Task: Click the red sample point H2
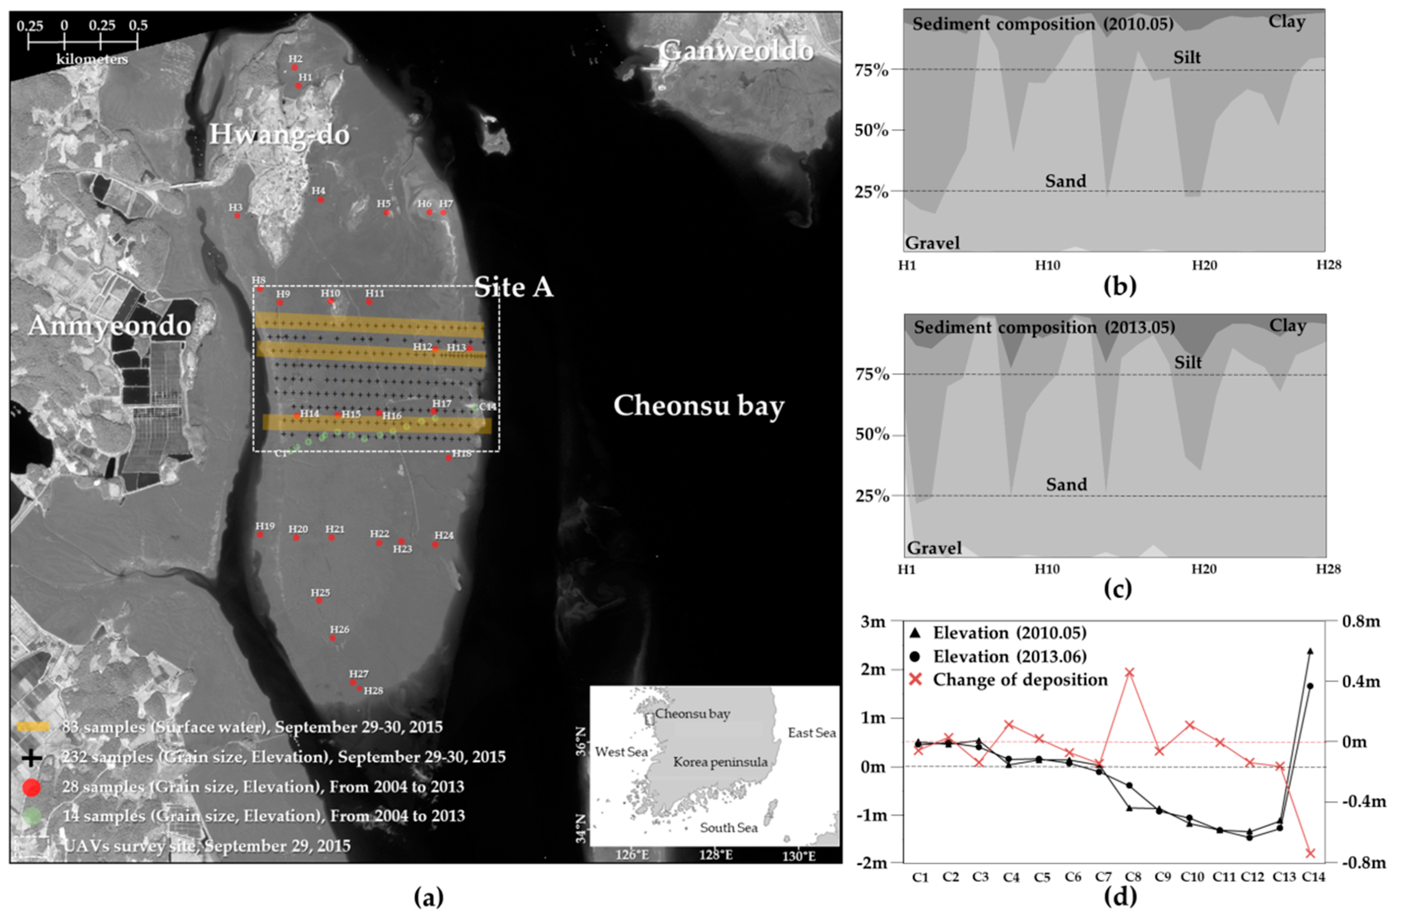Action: pos(294,68)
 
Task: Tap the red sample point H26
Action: pos(332,638)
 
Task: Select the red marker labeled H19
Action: pos(259,535)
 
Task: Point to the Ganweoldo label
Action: pos(737,51)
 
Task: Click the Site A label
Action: pos(513,288)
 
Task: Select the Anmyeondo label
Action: pos(110,326)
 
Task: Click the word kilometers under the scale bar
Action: pos(92,60)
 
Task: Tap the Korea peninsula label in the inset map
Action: pos(720,762)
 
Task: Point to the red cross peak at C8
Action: pos(1128,673)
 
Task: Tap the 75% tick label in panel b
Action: pos(871,70)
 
